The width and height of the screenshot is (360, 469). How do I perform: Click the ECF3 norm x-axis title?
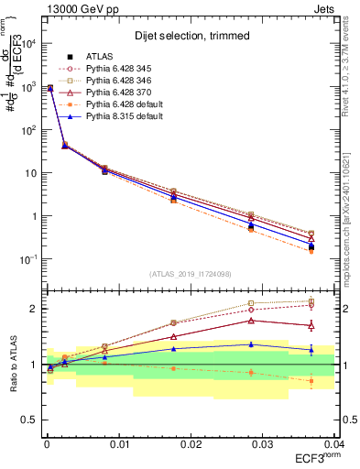coord(314,457)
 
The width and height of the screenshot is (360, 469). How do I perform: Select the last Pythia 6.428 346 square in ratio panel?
coord(312,300)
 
